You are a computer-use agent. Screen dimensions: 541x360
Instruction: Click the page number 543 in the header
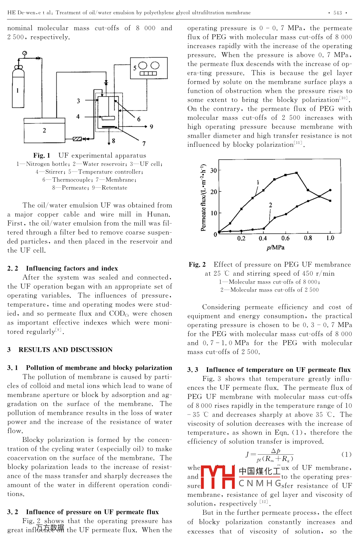[337, 13]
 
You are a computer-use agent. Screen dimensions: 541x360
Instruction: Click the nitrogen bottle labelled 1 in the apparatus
[18, 90]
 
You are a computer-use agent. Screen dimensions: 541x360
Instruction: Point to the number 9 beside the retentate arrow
[152, 126]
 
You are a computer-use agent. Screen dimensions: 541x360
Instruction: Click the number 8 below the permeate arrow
[113, 141]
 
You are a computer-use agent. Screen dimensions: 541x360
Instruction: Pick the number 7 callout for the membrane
[144, 144]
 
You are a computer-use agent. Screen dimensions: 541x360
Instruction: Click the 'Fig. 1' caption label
[42, 156]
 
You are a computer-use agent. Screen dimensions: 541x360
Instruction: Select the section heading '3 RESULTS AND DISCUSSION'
[60, 350]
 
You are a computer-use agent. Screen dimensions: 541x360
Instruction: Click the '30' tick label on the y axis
[214, 171]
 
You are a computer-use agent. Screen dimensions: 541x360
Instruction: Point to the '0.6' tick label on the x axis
[286, 238]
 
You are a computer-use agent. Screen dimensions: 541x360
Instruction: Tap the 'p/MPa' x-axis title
[275, 247]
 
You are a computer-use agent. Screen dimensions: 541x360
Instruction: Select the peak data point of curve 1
[297, 173]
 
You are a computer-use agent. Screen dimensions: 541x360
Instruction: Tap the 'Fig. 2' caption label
[197, 265]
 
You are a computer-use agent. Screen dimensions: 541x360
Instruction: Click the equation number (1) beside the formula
[346, 454]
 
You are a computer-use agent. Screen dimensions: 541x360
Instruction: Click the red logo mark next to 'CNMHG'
[218, 477]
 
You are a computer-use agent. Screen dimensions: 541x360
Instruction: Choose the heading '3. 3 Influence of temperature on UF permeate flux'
[269, 370]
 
